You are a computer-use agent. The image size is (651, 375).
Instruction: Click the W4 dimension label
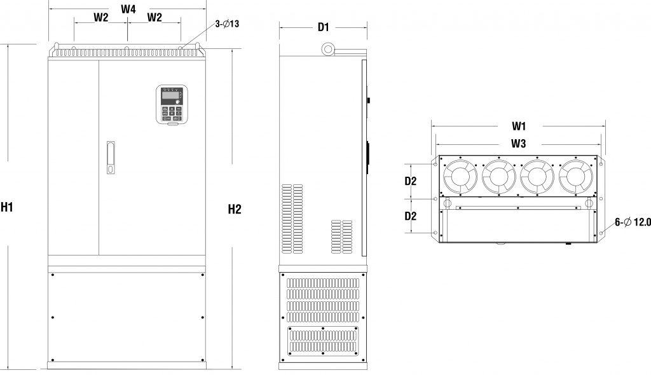pos(128,9)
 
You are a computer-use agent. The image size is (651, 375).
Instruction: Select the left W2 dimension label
pos(101,18)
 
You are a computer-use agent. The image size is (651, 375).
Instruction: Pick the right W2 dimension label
pos(154,18)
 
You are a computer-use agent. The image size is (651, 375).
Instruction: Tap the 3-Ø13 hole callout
pos(227,24)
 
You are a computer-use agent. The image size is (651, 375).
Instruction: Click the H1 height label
pos(8,207)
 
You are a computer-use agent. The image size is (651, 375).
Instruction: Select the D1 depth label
pos(323,27)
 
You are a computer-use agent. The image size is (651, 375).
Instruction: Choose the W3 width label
pos(519,144)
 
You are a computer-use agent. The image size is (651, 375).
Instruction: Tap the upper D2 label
pos(411,181)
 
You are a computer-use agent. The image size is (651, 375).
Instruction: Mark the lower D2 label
pos(411,215)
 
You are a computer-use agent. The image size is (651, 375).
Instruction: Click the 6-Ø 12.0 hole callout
pos(632,222)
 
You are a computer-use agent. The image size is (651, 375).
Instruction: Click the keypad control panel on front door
pos(170,103)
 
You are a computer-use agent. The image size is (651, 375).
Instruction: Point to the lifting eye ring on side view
pos(329,49)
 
